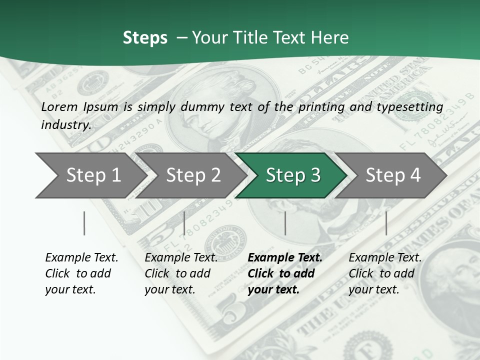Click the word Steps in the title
[x=145, y=38]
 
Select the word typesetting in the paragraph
[x=412, y=106]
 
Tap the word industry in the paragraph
[x=65, y=124]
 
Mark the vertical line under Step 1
[x=84, y=223]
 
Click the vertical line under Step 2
[x=184, y=223]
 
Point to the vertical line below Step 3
[x=285, y=223]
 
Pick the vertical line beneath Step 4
[x=386, y=223]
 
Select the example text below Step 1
[x=81, y=273]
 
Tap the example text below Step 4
[x=385, y=273]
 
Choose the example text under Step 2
[x=181, y=273]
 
